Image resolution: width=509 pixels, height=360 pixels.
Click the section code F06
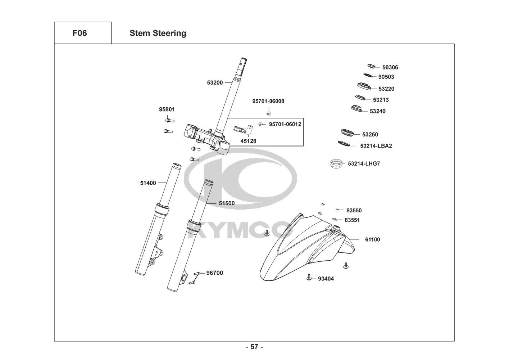point(79,33)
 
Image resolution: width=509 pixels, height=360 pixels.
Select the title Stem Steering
point(158,33)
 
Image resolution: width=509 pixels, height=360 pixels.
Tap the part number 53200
point(215,82)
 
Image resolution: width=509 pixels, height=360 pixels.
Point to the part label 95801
point(167,109)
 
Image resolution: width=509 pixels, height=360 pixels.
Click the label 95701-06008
point(268,101)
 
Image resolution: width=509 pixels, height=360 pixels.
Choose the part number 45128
point(248,141)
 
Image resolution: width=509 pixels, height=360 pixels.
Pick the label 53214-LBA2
point(376,146)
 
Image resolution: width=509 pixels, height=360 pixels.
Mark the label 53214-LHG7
point(364,163)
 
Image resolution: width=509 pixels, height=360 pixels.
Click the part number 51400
point(148,183)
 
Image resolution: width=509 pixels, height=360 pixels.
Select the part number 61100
point(372,239)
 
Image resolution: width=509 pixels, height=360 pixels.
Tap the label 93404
point(326,279)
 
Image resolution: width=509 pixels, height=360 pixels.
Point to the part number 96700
point(214,273)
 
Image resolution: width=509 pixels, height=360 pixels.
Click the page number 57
point(254,347)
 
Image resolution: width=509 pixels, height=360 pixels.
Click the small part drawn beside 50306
point(371,66)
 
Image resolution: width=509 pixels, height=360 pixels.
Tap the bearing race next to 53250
point(347,132)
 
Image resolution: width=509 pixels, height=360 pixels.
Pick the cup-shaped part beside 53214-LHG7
point(336,164)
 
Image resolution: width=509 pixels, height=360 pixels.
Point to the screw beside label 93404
point(309,277)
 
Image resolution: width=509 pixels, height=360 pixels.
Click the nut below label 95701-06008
point(268,113)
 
